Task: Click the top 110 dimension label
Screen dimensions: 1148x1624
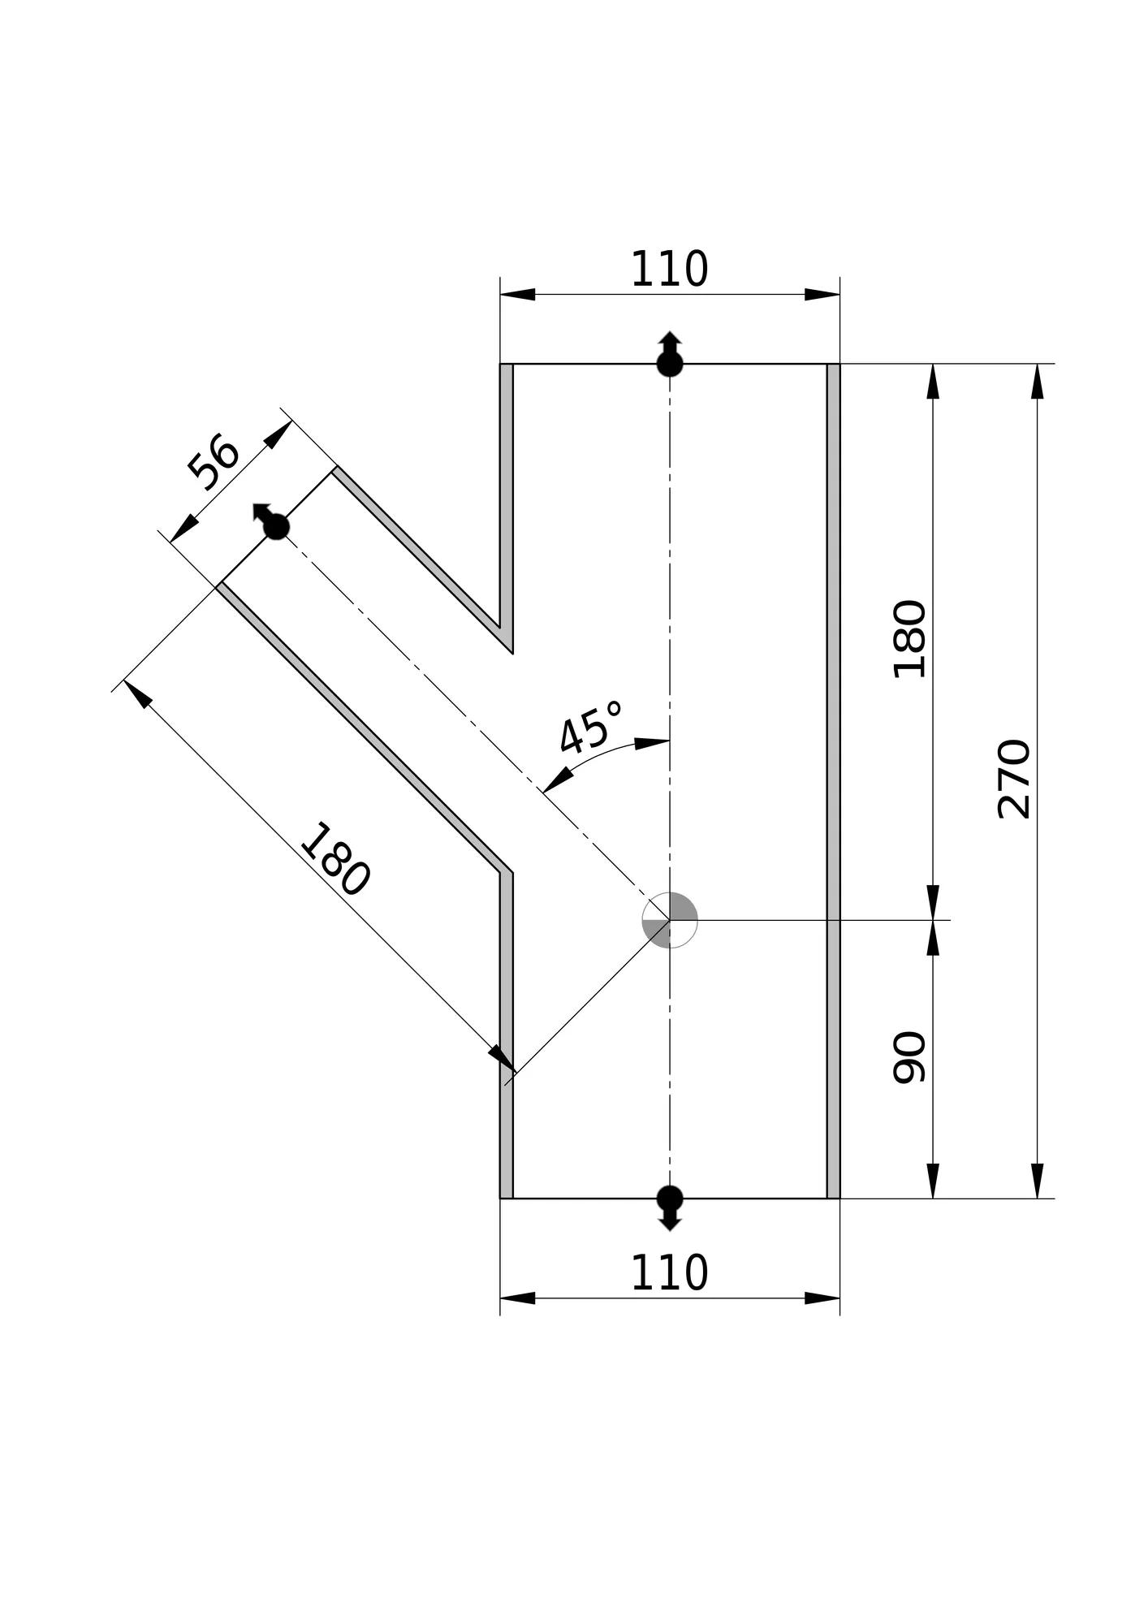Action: click(669, 270)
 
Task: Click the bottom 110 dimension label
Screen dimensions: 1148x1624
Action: click(669, 1273)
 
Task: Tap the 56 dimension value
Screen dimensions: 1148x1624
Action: click(214, 464)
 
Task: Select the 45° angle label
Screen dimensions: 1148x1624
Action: click(591, 728)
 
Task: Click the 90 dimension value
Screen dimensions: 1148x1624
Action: click(909, 1057)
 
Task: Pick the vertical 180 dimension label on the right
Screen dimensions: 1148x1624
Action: click(909, 639)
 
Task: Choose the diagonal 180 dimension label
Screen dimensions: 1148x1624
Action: click(335, 860)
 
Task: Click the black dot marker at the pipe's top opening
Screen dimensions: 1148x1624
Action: click(670, 363)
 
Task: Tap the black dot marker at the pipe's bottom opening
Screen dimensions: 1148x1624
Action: click(670, 1198)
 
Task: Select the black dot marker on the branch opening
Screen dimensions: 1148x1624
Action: click(276, 527)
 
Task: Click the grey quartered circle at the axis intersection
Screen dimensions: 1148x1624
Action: click(670, 920)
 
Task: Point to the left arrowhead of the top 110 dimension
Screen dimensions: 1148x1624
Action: click(518, 294)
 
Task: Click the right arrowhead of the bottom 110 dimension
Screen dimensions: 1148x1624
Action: click(822, 1298)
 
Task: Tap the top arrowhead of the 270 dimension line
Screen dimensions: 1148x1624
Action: click(1037, 381)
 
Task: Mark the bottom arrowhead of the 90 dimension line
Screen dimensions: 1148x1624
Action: click(933, 1181)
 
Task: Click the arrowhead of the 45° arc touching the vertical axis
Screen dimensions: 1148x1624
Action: click(652, 743)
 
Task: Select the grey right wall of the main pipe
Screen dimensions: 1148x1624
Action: click(833, 780)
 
